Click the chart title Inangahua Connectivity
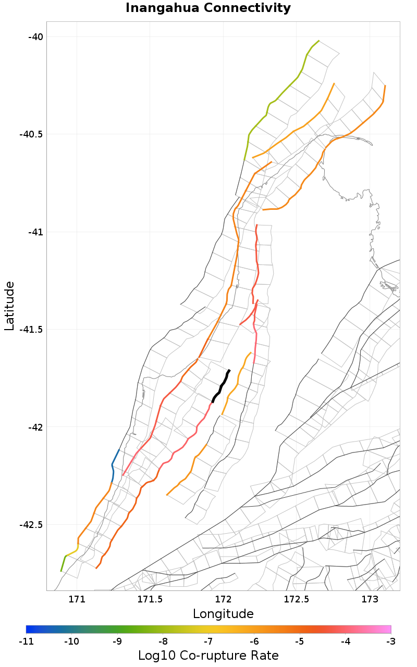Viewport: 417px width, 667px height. pyautogui.click(x=208, y=8)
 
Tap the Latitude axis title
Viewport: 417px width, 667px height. pyautogui.click(x=9, y=306)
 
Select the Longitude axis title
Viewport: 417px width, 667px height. pyautogui.click(x=223, y=614)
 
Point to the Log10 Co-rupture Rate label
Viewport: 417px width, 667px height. pyautogui.click(x=208, y=656)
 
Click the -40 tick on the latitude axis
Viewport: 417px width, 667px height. pyautogui.click(x=35, y=36)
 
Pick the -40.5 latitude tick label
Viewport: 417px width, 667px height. pyautogui.click(x=31, y=134)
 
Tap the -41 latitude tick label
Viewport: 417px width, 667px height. pyautogui.click(x=35, y=232)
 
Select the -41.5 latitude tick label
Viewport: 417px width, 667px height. pyautogui.click(x=31, y=330)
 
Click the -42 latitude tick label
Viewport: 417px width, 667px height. pyautogui.click(x=35, y=427)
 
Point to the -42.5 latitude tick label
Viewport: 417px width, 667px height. pyautogui.click(x=31, y=525)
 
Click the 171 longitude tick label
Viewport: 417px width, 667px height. pyautogui.click(x=77, y=599)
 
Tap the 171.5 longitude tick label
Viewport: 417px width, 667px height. pyautogui.click(x=150, y=599)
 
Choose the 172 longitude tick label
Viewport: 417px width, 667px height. pyautogui.click(x=223, y=599)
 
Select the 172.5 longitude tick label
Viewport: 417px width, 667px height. pyautogui.click(x=296, y=599)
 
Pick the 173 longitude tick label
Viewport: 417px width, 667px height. pyautogui.click(x=370, y=599)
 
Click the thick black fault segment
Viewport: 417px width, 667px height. pyautogui.click(x=221, y=386)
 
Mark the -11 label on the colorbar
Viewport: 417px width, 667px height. pyautogui.click(x=26, y=641)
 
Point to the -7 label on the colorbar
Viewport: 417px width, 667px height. pyautogui.click(x=208, y=641)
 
